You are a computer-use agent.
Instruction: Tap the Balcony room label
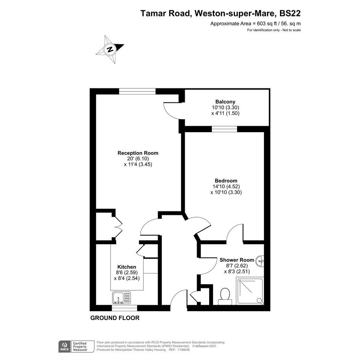click(225, 101)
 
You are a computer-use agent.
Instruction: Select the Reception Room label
click(138, 153)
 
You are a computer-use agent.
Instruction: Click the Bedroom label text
click(226, 181)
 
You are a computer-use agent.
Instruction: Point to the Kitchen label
click(127, 267)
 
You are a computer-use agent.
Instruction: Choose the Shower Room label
click(237, 260)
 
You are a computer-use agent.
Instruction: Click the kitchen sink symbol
click(122, 298)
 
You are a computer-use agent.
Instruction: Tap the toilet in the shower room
click(225, 297)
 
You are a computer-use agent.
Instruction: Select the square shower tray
click(250, 291)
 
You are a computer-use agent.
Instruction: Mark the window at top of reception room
click(137, 91)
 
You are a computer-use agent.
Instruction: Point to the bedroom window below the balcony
click(224, 129)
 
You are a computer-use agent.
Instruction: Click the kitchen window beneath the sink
click(125, 308)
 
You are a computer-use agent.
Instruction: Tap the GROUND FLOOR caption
click(115, 318)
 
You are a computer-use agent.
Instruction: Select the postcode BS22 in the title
click(290, 14)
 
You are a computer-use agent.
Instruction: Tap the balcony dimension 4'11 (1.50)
click(226, 113)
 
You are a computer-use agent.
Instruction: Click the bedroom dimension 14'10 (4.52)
click(226, 186)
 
